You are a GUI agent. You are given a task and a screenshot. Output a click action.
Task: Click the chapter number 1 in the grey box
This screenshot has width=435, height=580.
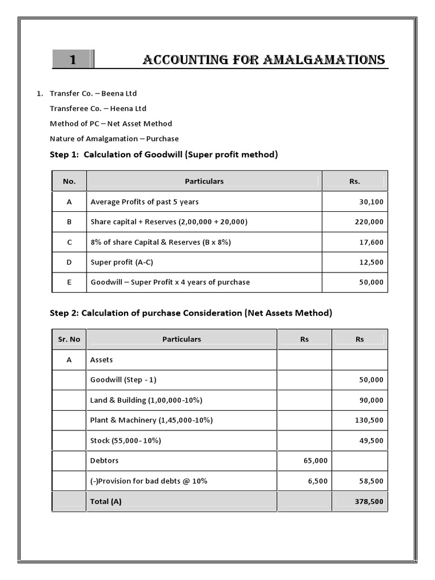(72, 60)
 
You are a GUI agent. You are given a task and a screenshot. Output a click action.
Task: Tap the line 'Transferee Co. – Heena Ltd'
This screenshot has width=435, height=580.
(98, 108)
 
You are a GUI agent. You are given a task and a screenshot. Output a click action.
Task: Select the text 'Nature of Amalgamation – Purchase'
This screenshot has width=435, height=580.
(114, 138)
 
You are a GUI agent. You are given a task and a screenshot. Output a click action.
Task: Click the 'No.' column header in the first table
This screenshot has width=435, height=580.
(69, 181)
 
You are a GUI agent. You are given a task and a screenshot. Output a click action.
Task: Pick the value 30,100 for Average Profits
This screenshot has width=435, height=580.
(371, 202)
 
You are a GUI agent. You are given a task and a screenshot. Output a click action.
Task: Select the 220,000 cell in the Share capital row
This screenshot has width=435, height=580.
(369, 222)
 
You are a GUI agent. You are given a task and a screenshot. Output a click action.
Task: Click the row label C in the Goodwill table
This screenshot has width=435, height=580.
(69, 242)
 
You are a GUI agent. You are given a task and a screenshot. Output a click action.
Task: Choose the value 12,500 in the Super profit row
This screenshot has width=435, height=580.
(371, 262)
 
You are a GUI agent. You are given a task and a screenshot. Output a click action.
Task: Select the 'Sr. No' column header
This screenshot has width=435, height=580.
(69, 339)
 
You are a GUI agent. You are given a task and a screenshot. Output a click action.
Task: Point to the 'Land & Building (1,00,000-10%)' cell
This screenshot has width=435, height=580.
(146, 400)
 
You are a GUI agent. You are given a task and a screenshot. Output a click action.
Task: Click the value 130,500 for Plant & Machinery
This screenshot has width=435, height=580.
(369, 420)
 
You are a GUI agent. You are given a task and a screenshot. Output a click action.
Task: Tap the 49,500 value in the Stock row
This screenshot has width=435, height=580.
(371, 441)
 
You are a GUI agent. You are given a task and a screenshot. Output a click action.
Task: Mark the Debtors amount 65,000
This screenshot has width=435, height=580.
(315, 461)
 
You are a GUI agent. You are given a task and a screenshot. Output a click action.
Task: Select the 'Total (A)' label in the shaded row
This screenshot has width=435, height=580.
(106, 501)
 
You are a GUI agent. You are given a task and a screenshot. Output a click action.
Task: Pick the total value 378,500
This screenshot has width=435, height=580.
(369, 501)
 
